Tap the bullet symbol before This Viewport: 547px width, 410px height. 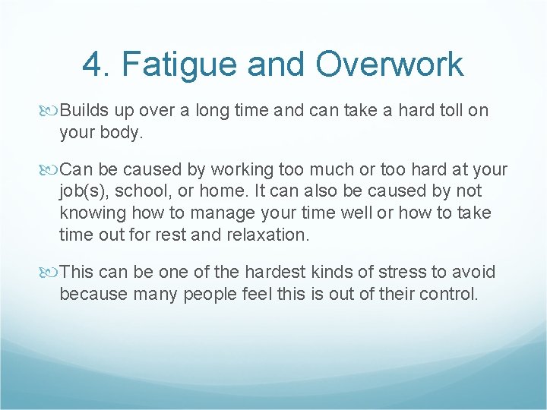[x=51, y=273]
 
